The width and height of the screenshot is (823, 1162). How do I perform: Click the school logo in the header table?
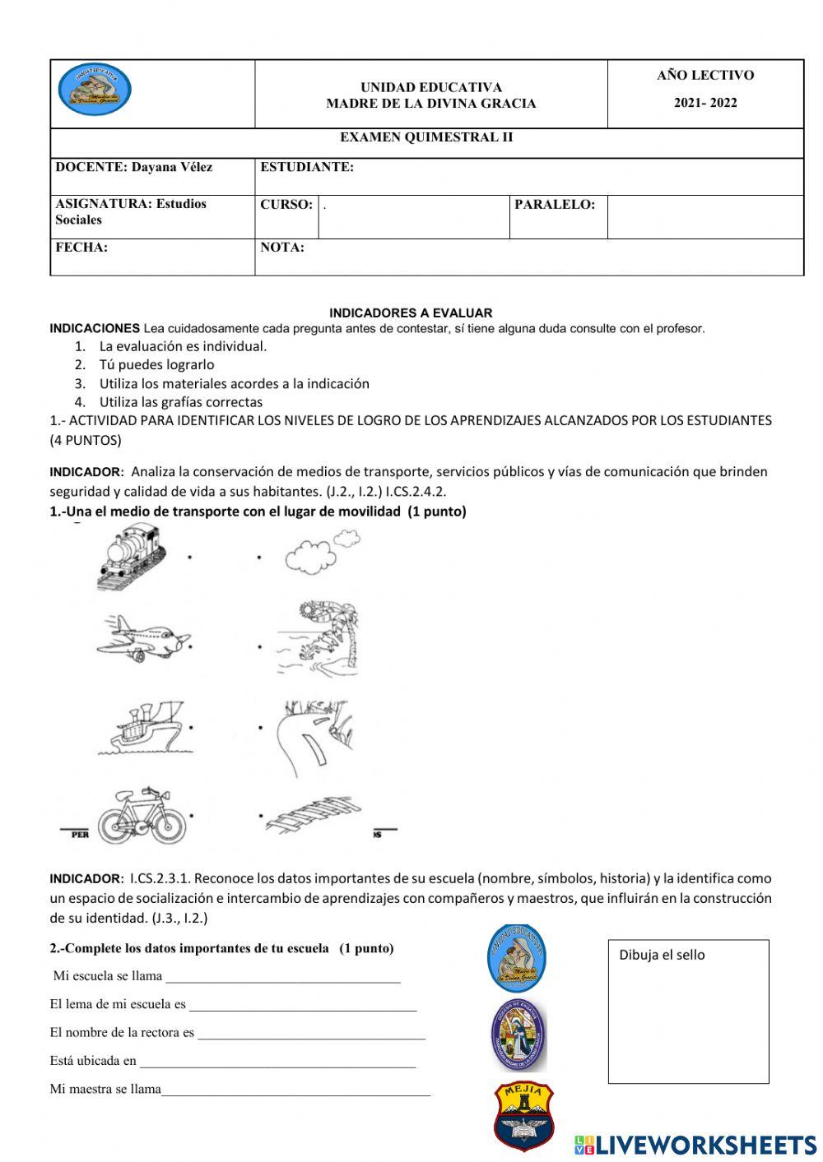pyautogui.click(x=95, y=90)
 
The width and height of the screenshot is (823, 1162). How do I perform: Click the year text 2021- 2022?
pyautogui.click(x=705, y=103)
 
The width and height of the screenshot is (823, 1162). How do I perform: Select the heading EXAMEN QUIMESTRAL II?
pyautogui.click(x=426, y=137)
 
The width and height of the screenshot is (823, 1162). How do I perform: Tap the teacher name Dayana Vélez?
pyautogui.click(x=171, y=167)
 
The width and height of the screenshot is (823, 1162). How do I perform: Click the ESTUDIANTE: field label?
pyautogui.click(x=307, y=167)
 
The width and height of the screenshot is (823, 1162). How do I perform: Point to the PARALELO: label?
pyautogui.click(x=555, y=205)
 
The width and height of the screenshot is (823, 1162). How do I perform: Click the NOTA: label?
pyautogui.click(x=282, y=248)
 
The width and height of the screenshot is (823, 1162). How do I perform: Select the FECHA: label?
pyautogui.click(x=81, y=248)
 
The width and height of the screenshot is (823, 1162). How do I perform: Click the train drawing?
pyautogui.click(x=132, y=557)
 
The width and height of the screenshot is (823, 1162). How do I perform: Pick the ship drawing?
pyautogui.click(x=142, y=727)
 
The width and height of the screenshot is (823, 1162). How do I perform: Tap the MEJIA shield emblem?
pyautogui.click(x=523, y=1115)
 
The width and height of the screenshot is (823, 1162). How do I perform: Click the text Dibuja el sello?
pyautogui.click(x=662, y=955)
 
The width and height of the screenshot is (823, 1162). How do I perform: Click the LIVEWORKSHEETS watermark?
pyautogui.click(x=695, y=1145)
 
